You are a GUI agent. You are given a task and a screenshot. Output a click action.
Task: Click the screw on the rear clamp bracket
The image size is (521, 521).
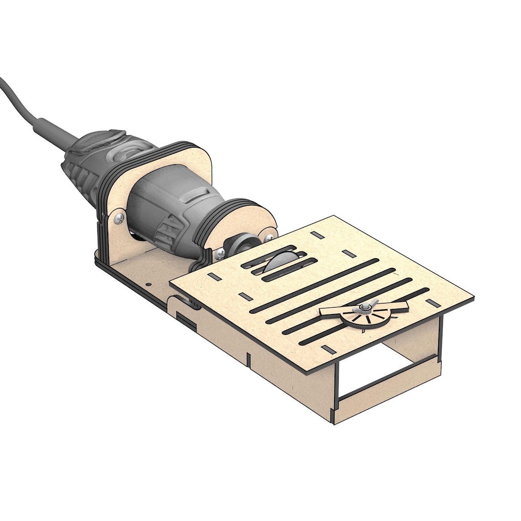pyautogui.click(x=118, y=218)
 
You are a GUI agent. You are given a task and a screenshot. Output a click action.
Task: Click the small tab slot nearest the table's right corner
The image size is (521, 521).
pyautogui.click(x=432, y=301)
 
